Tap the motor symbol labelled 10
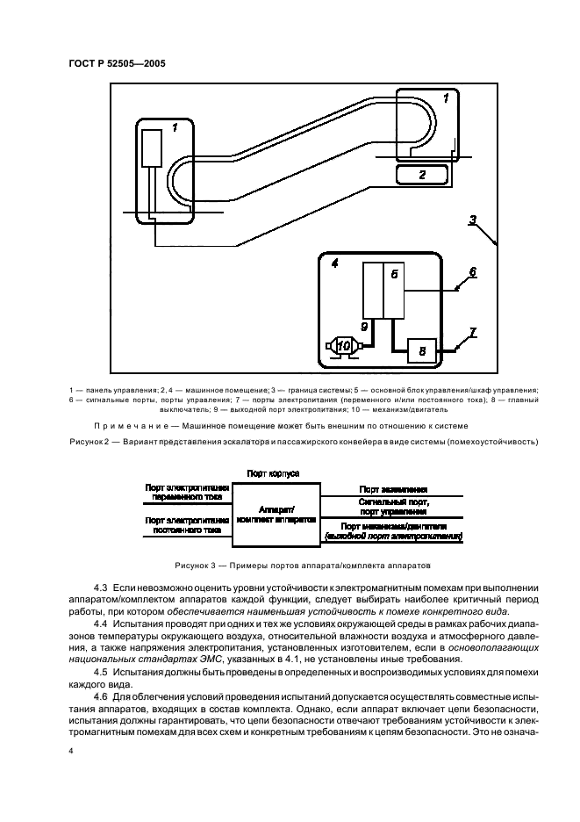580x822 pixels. [x=346, y=346]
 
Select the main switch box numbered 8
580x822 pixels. [x=421, y=350]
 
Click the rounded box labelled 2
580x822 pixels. [x=422, y=175]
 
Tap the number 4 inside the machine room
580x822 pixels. [x=334, y=263]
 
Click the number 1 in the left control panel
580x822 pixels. [x=174, y=128]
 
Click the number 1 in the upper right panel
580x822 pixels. [x=446, y=98]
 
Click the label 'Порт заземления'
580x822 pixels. [x=392, y=489]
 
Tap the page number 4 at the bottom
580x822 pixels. [x=71, y=752]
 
